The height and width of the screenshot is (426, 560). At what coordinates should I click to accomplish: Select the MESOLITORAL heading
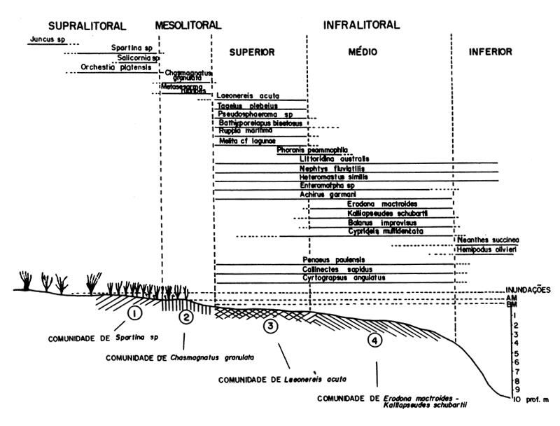[x=185, y=25]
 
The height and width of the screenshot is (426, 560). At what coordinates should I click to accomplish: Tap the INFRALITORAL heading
[x=361, y=25]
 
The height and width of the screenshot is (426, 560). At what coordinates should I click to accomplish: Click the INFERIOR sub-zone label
[x=491, y=51]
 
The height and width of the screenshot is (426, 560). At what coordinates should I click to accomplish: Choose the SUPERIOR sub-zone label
[x=251, y=52]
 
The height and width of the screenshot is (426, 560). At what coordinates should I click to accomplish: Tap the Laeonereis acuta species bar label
[x=245, y=95]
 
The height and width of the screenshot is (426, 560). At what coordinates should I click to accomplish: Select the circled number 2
[x=185, y=317]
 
